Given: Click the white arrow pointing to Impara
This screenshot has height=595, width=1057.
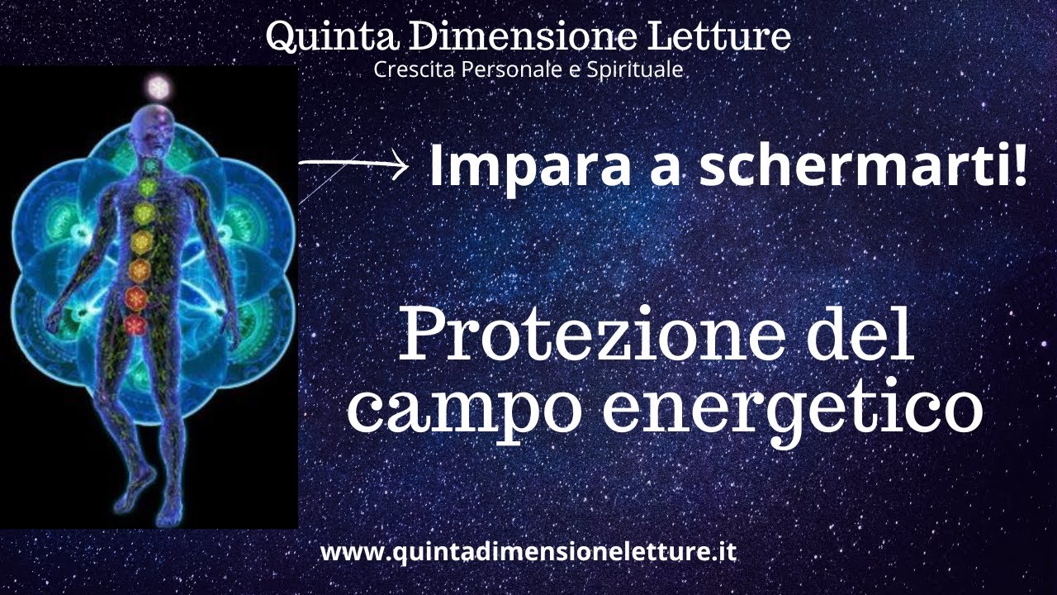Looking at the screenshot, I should coord(354,165).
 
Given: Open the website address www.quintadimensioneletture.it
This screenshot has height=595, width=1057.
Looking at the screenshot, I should coord(528,551).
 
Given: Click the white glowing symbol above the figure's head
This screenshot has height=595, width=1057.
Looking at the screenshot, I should coord(156,85).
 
